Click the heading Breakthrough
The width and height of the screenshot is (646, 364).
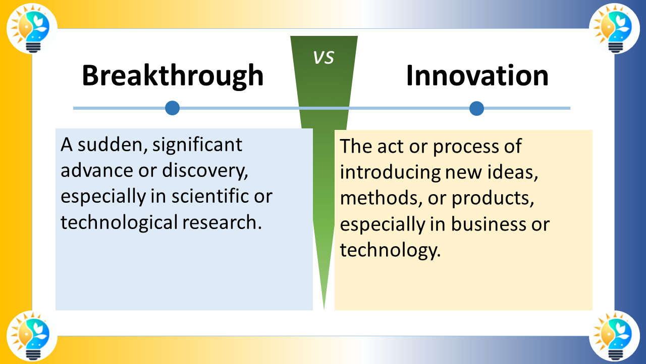[x=173, y=76]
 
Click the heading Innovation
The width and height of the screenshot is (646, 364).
[x=477, y=76]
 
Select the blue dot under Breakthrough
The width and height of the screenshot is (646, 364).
[x=173, y=108]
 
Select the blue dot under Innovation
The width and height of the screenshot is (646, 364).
[x=476, y=108]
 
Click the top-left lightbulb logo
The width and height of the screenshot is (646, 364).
[x=32, y=28]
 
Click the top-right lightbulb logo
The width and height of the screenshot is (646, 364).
[x=614, y=28]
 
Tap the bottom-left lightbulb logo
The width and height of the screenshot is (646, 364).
[x=32, y=336]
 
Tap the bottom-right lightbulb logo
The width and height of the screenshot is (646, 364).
[x=614, y=336]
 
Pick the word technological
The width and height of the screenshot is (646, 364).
[x=120, y=222]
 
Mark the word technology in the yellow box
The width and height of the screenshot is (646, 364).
[x=388, y=250]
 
